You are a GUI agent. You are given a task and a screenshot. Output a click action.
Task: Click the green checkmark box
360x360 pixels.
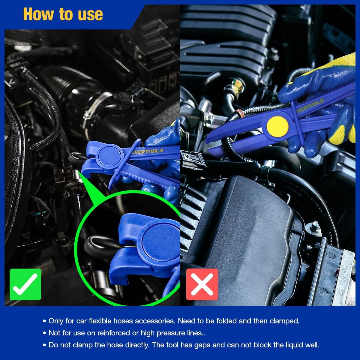25,284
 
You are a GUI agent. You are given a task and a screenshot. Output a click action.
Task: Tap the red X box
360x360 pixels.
202,284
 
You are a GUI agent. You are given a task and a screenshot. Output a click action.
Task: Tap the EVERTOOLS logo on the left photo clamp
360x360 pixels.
147,151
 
